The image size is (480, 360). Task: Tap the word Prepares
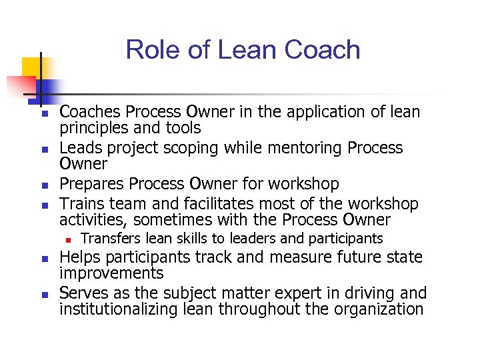[92, 183]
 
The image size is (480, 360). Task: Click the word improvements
[111, 273]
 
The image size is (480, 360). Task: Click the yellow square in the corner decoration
[31, 67]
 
